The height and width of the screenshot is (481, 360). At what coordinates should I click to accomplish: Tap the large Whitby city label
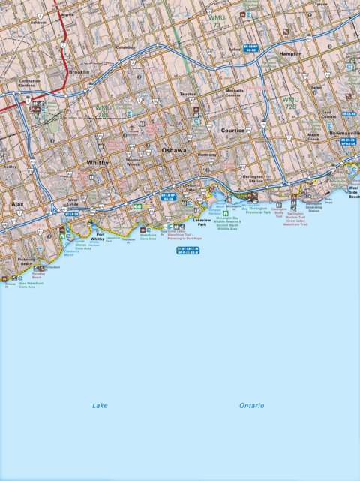point(97,162)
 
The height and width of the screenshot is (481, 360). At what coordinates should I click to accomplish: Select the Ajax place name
point(17,203)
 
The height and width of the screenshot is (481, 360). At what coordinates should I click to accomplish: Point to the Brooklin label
point(79,72)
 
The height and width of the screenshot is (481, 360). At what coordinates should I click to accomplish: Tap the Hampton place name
point(290,54)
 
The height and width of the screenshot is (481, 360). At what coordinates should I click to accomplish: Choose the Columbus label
point(126,47)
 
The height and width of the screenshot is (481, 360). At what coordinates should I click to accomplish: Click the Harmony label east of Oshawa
point(206,155)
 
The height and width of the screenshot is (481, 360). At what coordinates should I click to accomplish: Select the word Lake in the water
point(100,405)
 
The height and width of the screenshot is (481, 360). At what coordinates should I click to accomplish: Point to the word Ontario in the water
point(251,405)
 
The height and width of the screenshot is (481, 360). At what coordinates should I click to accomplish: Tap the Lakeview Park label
point(202,221)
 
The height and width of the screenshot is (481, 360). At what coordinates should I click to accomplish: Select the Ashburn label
point(37,22)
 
